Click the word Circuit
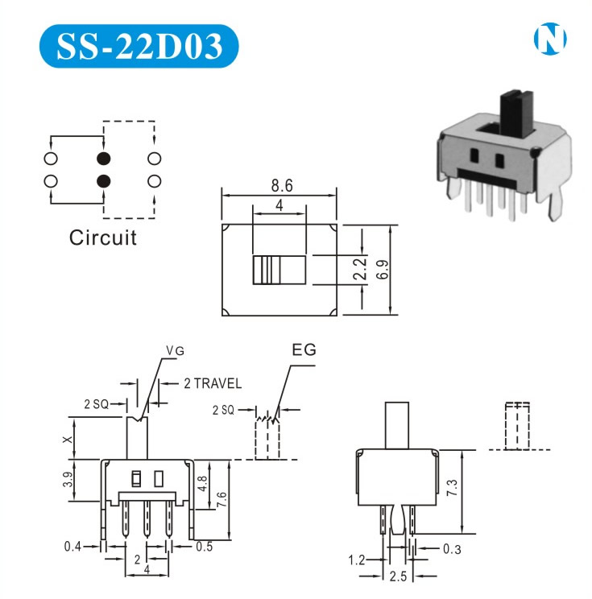click(102, 238)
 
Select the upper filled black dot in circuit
click(103, 158)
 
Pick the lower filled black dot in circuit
click(103, 180)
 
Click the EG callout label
click(304, 350)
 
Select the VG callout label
click(175, 350)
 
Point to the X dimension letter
click(68, 439)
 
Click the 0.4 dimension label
click(73, 547)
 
